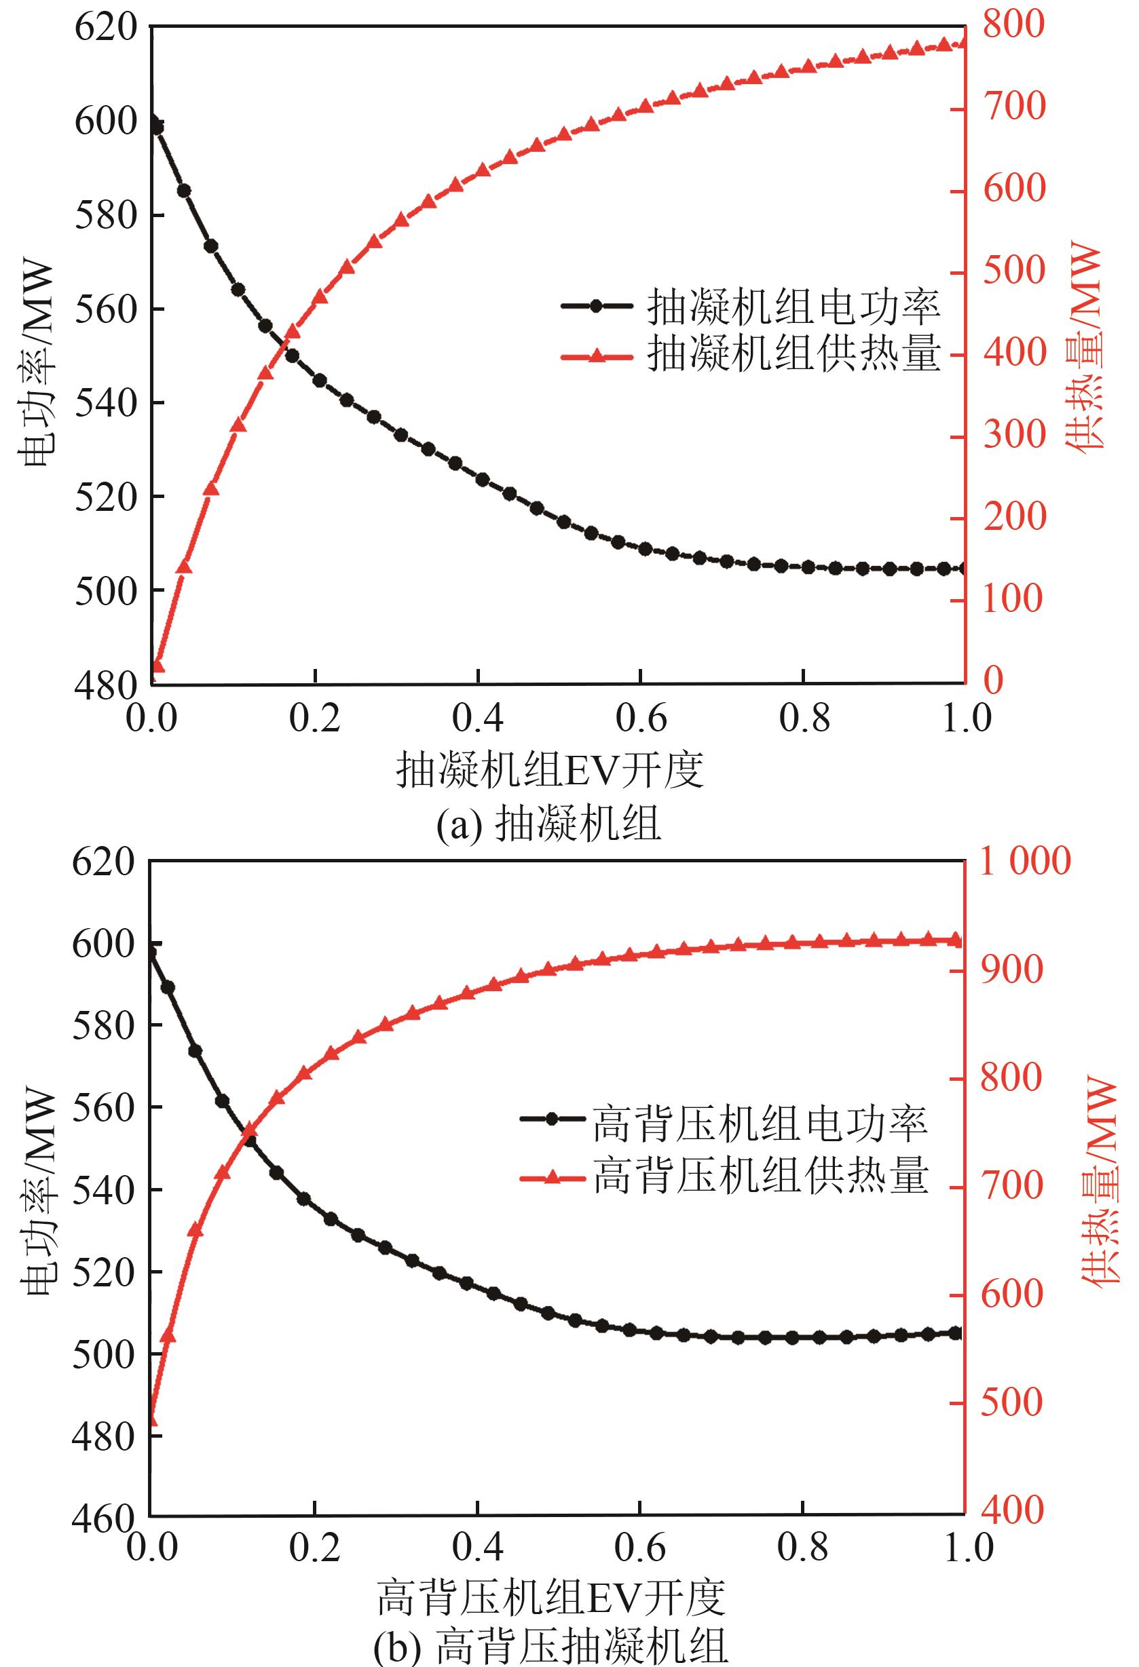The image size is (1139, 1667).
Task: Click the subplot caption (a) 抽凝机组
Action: [x=549, y=824]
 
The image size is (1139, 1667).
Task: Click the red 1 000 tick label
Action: [x=1025, y=861]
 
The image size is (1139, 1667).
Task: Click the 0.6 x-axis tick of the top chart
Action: [x=641, y=718]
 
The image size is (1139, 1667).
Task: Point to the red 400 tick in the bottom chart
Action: [x=1012, y=1510]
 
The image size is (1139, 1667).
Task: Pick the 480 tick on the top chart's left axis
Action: [x=105, y=685]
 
